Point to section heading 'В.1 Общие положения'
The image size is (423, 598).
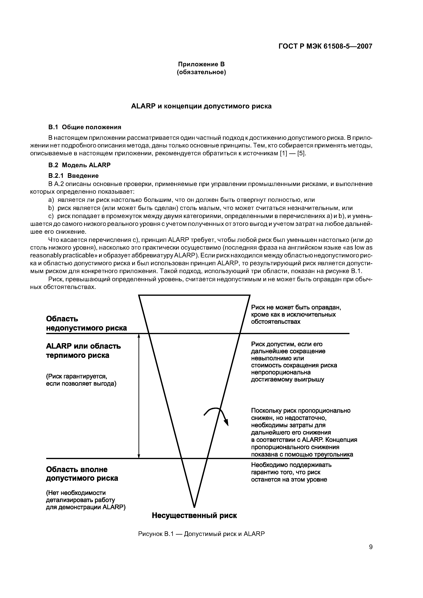click(x=85, y=127)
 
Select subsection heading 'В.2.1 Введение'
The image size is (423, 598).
click(x=74, y=176)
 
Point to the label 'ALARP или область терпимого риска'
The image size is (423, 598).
click(x=83, y=351)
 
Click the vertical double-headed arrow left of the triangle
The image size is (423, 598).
click(x=139, y=396)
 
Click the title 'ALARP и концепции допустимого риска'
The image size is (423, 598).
click(x=201, y=106)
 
